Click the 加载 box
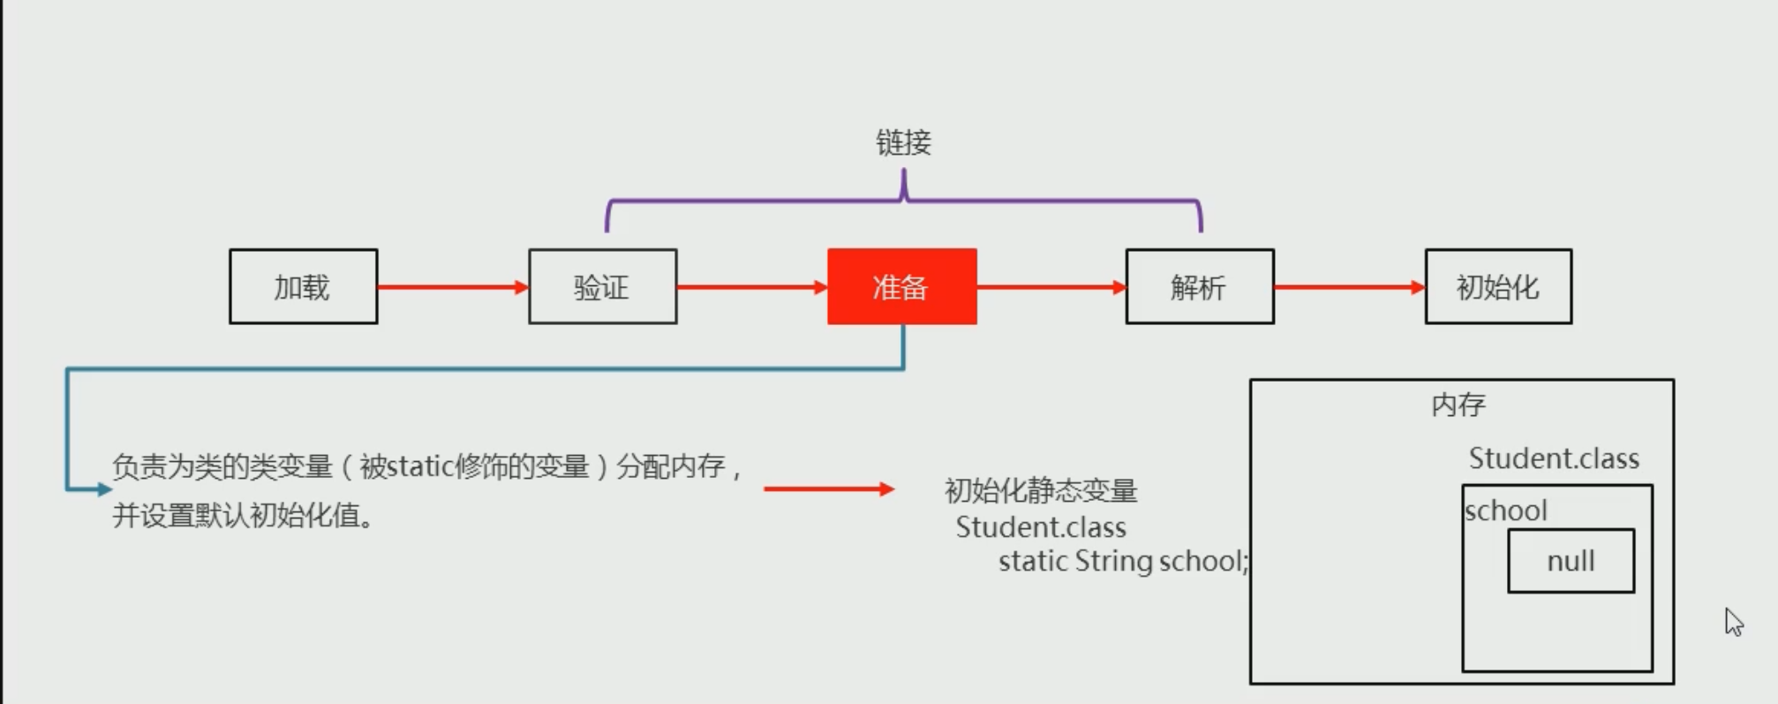pyautogui.click(x=303, y=287)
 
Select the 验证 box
pyautogui.click(x=602, y=287)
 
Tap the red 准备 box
pyautogui.click(x=901, y=287)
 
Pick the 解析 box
pyautogui.click(x=1199, y=287)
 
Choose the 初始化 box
pyautogui.click(x=1497, y=287)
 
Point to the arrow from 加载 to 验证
pyautogui.click(x=452, y=287)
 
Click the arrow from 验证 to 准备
pyautogui.click(x=751, y=287)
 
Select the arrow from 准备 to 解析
pyautogui.click(x=1051, y=287)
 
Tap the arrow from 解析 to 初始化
pyautogui.click(x=1349, y=287)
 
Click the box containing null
pyautogui.click(x=1571, y=561)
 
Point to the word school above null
pyautogui.click(x=1506, y=511)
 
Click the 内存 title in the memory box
pyautogui.click(x=1458, y=405)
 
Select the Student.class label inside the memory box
pyautogui.click(x=1554, y=458)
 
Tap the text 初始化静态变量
pyautogui.click(x=1041, y=490)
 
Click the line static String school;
pyautogui.click(x=1123, y=561)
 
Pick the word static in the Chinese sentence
pyautogui.click(x=420, y=466)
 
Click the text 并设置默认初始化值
pyautogui.click(x=243, y=515)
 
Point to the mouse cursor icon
pyautogui.click(x=1734, y=621)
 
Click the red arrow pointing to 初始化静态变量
pyautogui.click(x=828, y=488)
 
